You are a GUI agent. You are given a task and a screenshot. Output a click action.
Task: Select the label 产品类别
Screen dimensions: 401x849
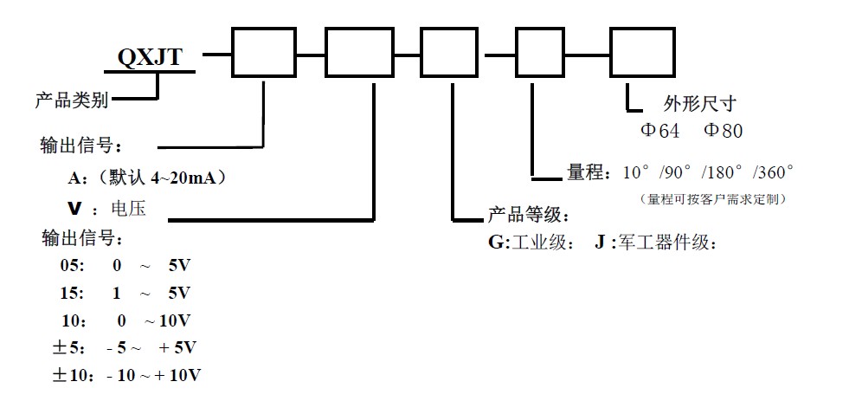[71, 100]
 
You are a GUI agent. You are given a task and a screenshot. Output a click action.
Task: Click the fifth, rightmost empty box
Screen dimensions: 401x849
[643, 53]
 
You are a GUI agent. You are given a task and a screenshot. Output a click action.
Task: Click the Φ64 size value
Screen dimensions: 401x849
[659, 132]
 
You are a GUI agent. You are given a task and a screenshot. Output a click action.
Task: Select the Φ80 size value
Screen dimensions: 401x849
[723, 132]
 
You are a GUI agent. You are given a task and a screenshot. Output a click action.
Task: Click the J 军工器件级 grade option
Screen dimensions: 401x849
[655, 243]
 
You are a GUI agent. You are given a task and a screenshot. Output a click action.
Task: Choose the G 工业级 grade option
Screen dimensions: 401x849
[530, 243]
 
